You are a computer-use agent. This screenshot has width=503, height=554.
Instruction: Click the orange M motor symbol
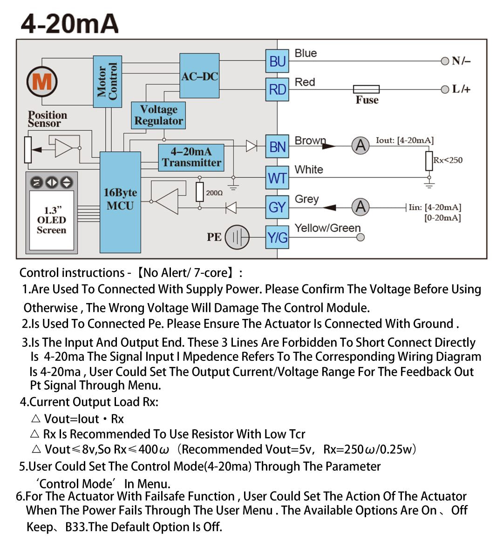(x=42, y=81)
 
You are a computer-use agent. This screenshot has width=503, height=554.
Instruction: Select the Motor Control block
(x=108, y=81)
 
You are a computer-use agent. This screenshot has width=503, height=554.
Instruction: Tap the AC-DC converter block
(x=199, y=75)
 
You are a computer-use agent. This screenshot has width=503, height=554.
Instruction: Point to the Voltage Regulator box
(x=158, y=115)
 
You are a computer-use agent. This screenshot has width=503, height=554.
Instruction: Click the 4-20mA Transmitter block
(x=191, y=157)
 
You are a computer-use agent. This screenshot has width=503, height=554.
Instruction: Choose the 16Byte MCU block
(x=120, y=203)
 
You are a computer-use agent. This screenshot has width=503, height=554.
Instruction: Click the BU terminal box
(x=277, y=61)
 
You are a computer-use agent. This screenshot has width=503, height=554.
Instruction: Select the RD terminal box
(x=277, y=89)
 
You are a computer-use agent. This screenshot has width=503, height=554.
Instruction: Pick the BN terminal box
(x=277, y=146)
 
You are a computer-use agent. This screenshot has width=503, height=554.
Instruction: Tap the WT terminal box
(x=277, y=178)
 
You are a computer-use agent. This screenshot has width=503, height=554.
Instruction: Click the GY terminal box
(x=277, y=207)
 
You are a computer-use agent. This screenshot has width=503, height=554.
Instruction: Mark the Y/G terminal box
(x=277, y=237)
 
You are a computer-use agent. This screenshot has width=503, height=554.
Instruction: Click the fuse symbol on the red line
(x=367, y=89)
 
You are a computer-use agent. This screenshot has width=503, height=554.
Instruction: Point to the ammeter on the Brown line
(x=360, y=145)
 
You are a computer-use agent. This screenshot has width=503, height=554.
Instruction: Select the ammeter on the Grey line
(x=360, y=207)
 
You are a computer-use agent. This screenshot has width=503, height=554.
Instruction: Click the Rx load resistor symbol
(x=429, y=161)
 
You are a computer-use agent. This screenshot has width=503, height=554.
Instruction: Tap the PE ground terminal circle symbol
(x=237, y=237)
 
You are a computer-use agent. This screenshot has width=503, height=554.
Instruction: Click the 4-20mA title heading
(x=70, y=24)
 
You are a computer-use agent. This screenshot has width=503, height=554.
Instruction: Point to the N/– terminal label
(x=461, y=61)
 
